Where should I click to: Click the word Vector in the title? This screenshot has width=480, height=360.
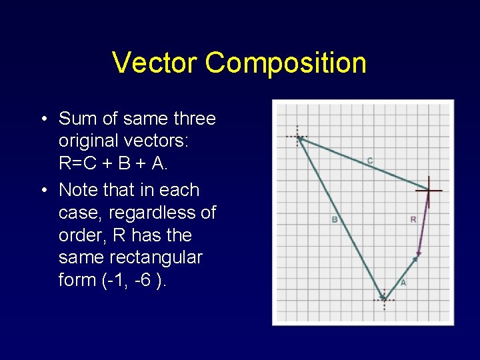155,63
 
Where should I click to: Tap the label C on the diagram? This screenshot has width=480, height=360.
370,161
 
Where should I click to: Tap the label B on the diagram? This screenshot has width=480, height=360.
334,219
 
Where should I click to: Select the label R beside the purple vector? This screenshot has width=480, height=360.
413,219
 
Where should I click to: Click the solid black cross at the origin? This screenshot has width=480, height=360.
429,191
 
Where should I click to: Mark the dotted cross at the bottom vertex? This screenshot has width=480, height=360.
384,300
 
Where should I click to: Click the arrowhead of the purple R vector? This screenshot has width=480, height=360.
417,255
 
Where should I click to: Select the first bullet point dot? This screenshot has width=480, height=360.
42,119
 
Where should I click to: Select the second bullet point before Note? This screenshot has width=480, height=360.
42,191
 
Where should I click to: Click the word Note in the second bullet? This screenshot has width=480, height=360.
79,190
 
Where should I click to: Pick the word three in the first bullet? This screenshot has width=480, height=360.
194,119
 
